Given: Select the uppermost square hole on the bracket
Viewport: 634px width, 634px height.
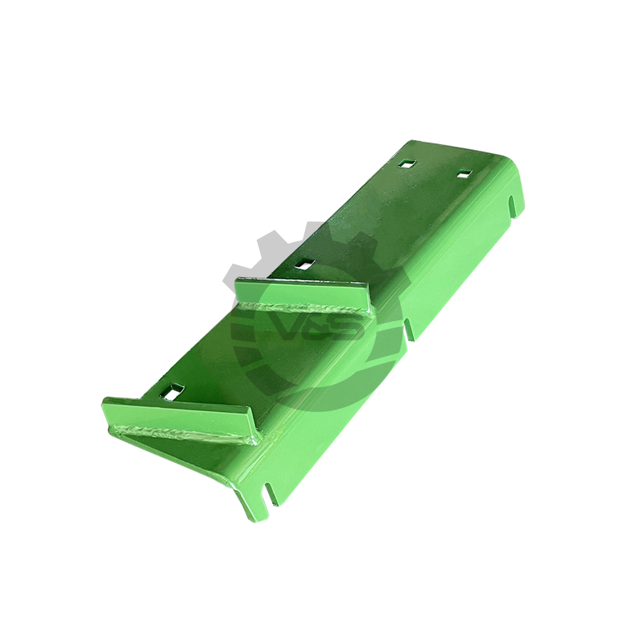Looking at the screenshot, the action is [406, 164].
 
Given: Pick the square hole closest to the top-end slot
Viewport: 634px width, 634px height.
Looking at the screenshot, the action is [465, 174].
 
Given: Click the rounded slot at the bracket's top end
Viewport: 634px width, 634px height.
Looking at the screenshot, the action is [512, 207].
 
